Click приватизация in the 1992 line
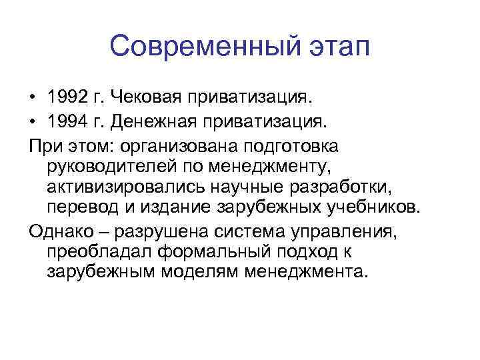pos(252,99)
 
